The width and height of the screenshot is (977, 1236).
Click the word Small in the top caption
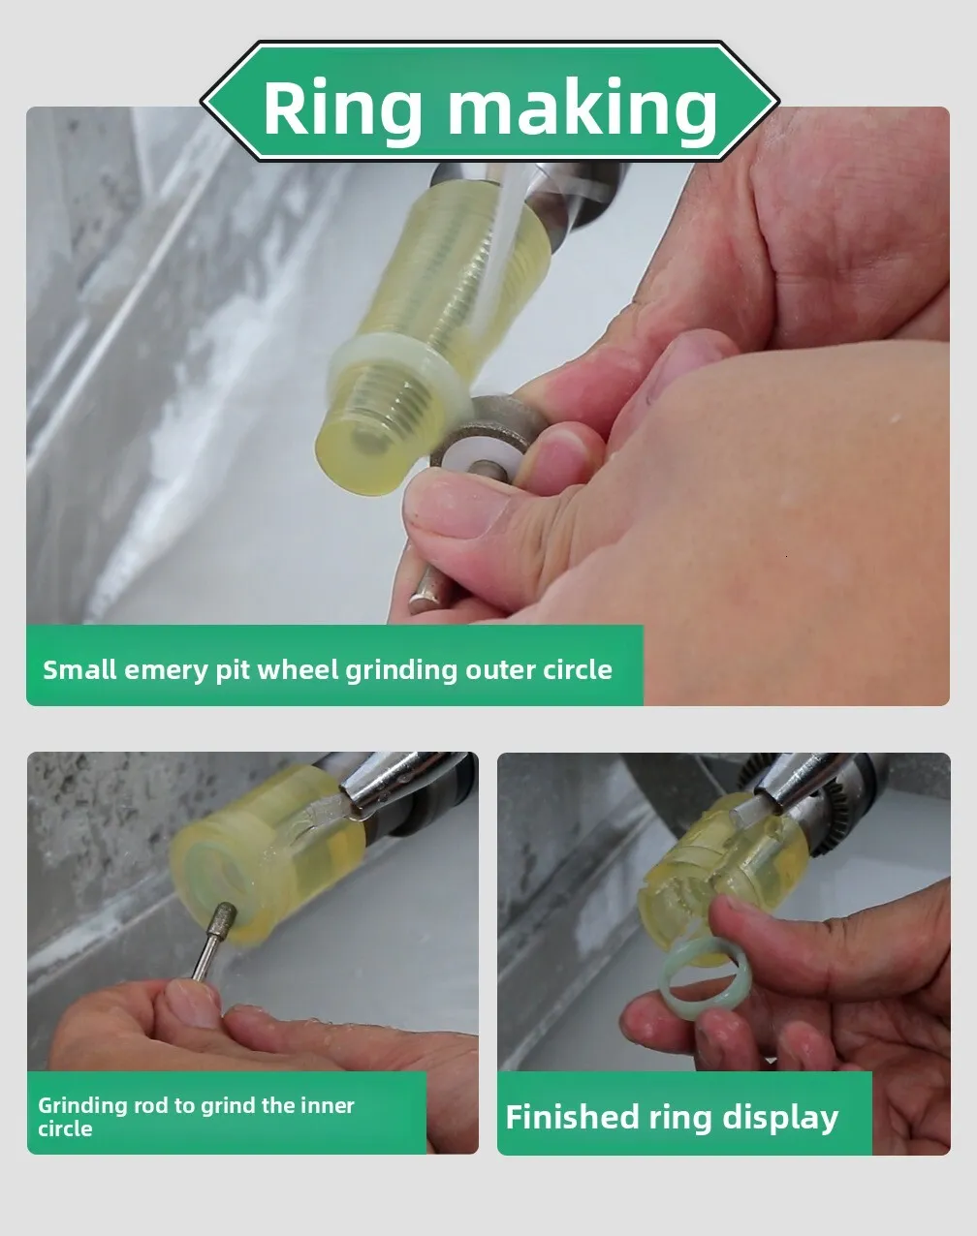coord(79,669)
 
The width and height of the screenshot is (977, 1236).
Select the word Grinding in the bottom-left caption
coord(82,1118)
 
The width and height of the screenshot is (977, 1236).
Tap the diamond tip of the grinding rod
coord(224,917)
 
